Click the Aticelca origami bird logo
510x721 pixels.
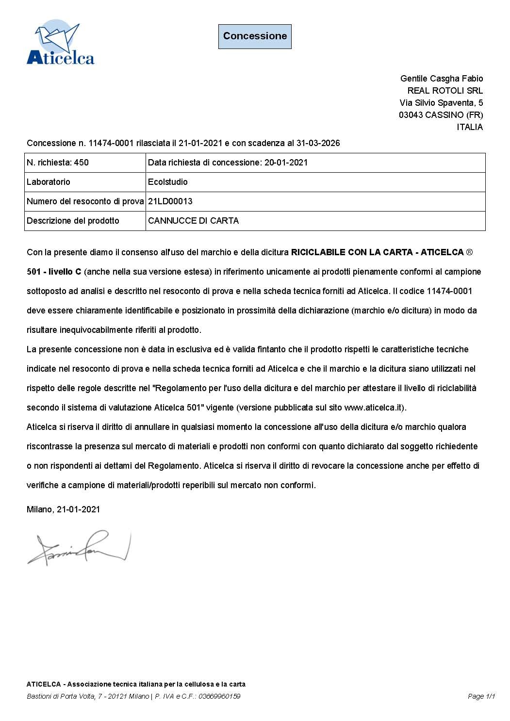(60, 43)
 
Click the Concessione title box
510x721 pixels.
(255, 36)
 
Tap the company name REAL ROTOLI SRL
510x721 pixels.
(445, 91)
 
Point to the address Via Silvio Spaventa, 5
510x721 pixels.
(441, 103)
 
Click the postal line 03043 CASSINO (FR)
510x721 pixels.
(441, 115)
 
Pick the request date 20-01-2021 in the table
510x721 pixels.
(286, 163)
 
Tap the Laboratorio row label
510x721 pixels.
(49, 182)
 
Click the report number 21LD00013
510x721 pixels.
(170, 201)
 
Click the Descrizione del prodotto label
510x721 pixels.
(73, 221)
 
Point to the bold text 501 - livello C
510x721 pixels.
(54, 272)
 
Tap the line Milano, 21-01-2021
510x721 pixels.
(64, 509)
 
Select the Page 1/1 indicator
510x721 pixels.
(481, 696)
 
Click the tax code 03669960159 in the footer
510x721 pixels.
(220, 696)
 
